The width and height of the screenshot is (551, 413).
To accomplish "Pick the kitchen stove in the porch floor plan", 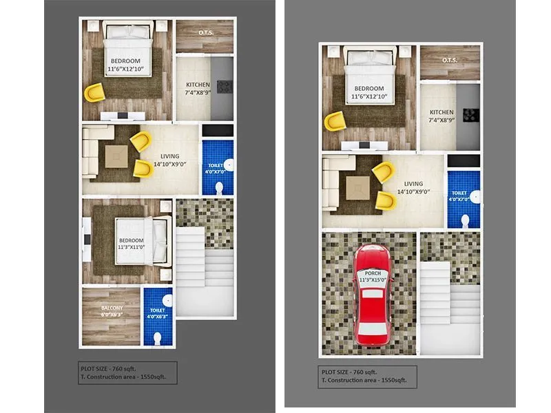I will pyautogui.click(x=471, y=114).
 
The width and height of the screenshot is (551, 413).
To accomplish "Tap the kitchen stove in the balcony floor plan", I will pyautogui.click(x=225, y=87).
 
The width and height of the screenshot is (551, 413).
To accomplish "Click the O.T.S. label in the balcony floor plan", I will pyautogui.click(x=205, y=32).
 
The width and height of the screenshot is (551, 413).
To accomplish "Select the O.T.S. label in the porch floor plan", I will pyautogui.click(x=450, y=59).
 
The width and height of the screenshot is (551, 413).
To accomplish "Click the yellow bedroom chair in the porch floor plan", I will pyautogui.click(x=336, y=120).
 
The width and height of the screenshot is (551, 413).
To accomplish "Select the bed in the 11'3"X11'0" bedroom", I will pyautogui.click(x=141, y=241).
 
